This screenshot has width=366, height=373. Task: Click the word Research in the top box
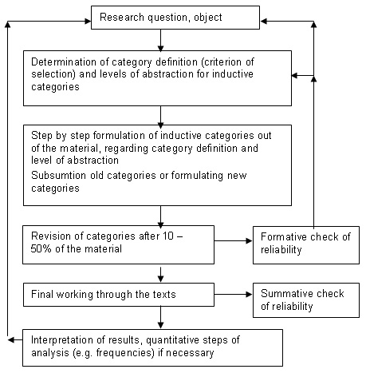pos(122,18)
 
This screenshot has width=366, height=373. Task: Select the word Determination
pos(64,62)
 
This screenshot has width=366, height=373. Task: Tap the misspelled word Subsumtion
pos(58,176)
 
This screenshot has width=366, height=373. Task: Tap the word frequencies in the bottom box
pos(125,353)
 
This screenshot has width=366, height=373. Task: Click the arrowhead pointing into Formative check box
pos(250,241)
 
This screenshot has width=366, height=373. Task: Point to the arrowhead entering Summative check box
pos(250,294)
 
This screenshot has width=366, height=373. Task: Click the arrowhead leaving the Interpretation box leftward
pos(11,339)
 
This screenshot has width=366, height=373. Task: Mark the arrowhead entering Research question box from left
pos(88,22)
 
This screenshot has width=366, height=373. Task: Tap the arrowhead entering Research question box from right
pos(263,22)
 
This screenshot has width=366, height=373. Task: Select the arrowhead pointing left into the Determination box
pos(295,76)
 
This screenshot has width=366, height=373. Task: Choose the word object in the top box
pos(208,18)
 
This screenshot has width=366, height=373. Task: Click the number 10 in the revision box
pos(169,236)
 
